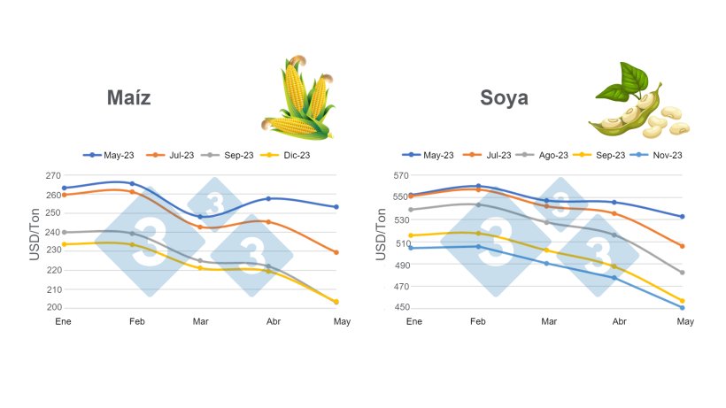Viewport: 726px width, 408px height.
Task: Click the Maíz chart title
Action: point(128,98)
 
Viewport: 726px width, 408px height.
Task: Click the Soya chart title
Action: point(504,98)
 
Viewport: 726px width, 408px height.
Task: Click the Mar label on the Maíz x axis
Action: point(200,320)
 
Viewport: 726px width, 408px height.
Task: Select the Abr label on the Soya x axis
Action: point(618,320)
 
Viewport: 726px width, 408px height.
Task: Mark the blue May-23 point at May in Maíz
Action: point(336,207)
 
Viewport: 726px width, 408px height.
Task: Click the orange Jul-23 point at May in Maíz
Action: point(336,252)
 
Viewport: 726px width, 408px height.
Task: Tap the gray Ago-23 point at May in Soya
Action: point(682,273)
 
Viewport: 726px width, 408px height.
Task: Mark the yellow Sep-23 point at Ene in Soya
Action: point(410,235)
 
